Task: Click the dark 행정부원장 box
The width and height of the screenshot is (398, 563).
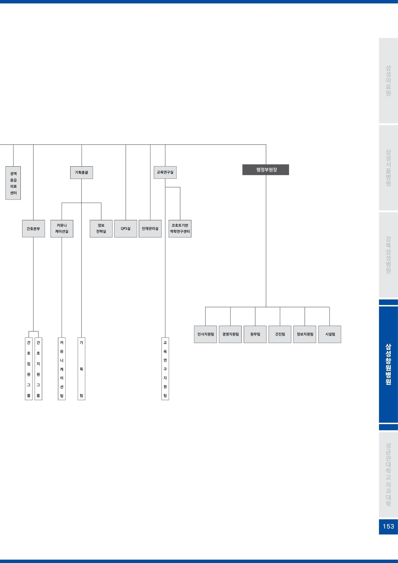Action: (x=265, y=170)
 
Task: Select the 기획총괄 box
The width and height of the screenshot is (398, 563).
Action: (x=82, y=172)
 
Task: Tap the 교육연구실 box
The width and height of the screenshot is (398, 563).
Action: (x=165, y=172)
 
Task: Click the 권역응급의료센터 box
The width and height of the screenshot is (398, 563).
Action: (x=13, y=183)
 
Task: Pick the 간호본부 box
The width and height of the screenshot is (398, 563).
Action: (x=33, y=229)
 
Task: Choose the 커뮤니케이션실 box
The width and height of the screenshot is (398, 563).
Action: (x=62, y=229)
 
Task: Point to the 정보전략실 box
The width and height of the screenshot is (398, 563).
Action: (x=101, y=229)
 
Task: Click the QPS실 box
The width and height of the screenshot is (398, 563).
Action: (x=126, y=229)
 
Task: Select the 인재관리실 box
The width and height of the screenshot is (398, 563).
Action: (x=150, y=229)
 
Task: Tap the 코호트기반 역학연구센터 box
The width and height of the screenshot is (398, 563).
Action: (x=180, y=229)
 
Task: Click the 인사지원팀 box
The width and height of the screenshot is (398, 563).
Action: (x=206, y=334)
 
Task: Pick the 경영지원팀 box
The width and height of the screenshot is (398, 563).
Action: (x=231, y=334)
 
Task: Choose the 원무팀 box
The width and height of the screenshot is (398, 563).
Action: (x=255, y=334)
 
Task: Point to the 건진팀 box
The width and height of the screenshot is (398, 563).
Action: (x=280, y=334)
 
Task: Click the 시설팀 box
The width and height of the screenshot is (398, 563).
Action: (x=330, y=334)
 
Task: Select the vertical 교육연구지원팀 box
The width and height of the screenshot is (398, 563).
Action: (x=165, y=369)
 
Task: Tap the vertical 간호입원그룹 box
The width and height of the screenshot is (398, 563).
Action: (x=29, y=369)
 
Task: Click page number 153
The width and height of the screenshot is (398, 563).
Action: (x=388, y=526)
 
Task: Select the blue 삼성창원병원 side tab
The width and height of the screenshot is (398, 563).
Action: (x=388, y=364)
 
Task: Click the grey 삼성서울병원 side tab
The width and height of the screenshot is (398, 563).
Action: (x=388, y=168)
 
